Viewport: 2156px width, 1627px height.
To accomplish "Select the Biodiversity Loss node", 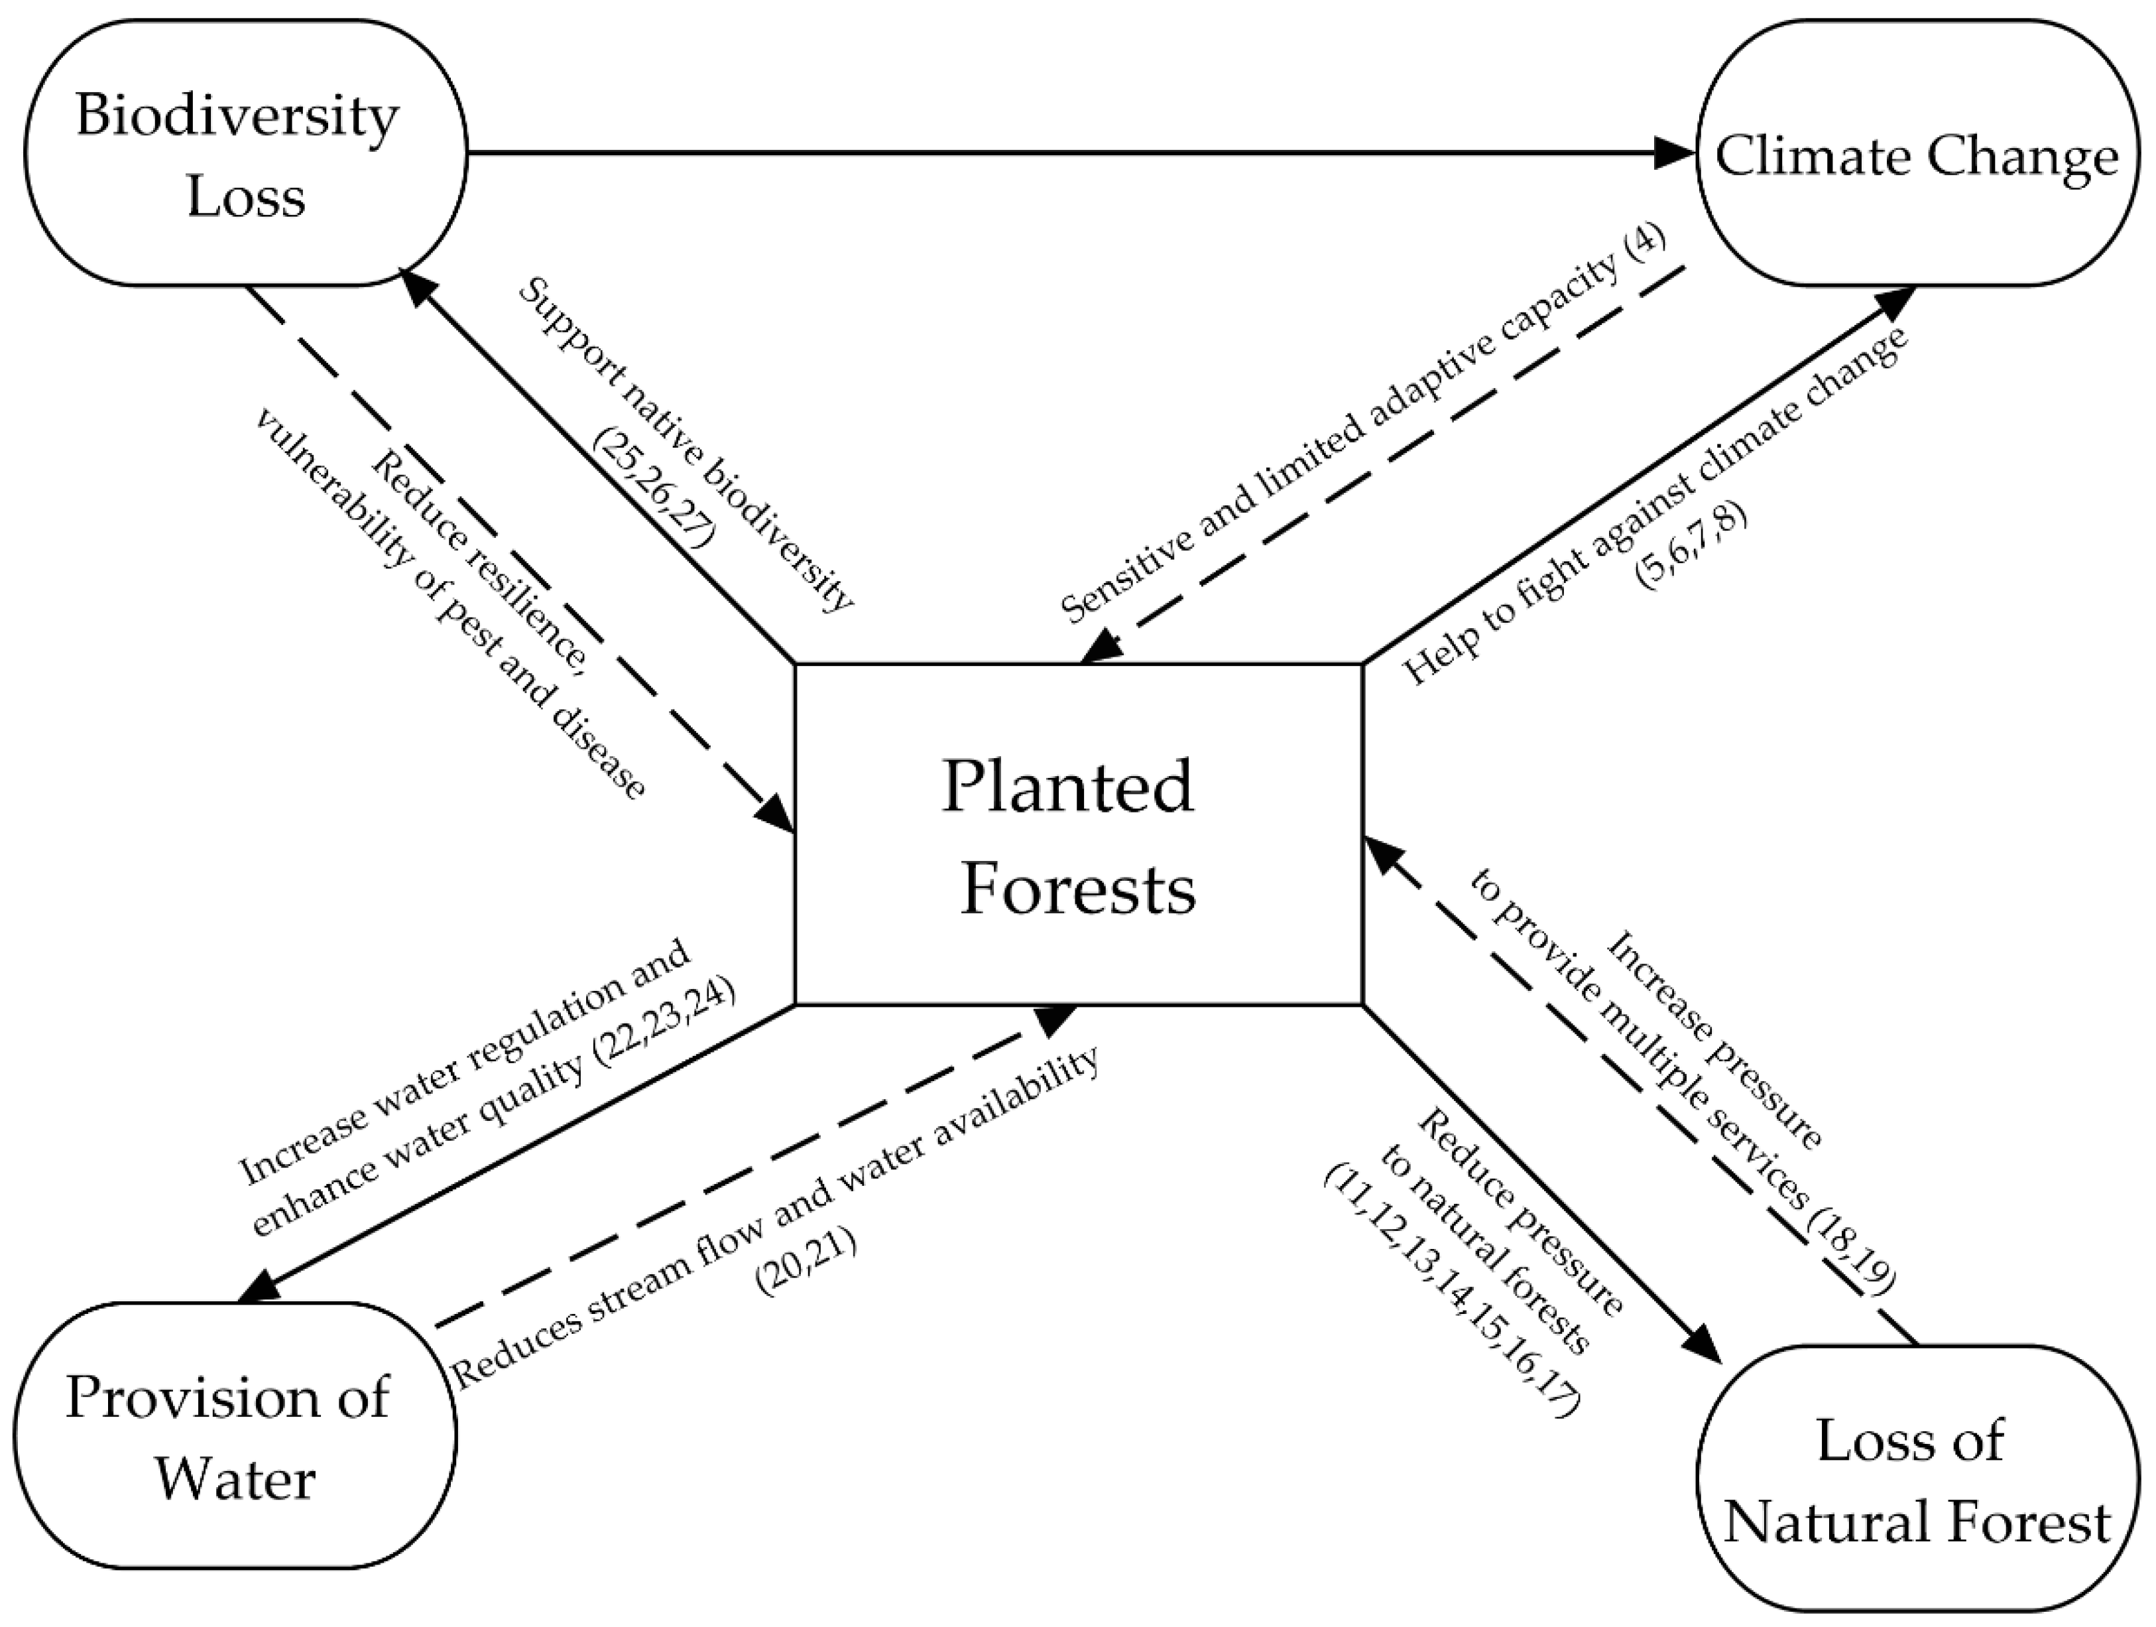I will (x=245, y=154).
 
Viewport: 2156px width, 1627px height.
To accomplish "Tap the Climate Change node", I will (x=1916, y=154).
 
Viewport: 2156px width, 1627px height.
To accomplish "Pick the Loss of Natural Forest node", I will (x=1916, y=1482).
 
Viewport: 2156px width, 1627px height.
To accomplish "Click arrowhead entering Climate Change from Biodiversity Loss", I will (x=1679, y=152).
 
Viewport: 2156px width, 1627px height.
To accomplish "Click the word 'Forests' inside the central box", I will (x=1077, y=889).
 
